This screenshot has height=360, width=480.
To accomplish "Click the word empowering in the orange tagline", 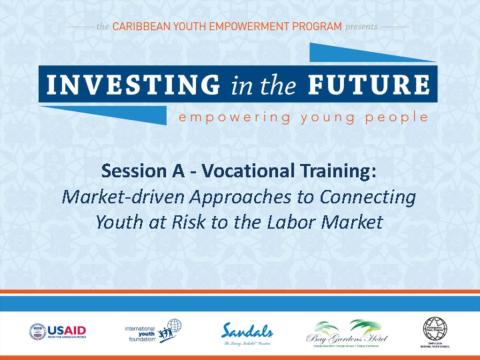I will (228, 116).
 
